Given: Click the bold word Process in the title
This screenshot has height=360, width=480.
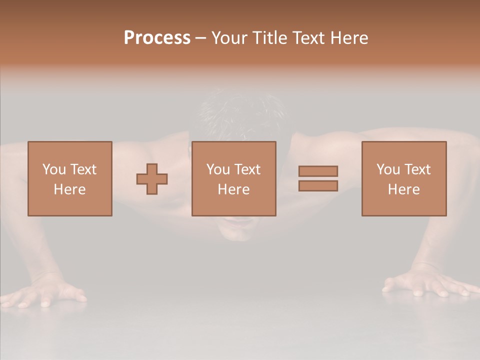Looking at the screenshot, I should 157,38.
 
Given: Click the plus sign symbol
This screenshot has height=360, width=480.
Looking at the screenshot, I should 152,179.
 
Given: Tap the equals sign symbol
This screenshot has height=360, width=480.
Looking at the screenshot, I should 318,178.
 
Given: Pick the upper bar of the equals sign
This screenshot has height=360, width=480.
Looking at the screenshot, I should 318,171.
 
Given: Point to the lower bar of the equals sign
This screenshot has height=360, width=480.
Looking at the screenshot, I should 318,186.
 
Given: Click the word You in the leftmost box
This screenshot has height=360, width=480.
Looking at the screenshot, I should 54,169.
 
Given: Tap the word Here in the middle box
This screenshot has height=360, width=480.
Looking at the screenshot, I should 234,189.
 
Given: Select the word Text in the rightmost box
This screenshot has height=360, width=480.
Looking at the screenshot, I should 417,169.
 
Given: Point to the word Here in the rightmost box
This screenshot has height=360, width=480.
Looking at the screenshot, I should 404,189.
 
